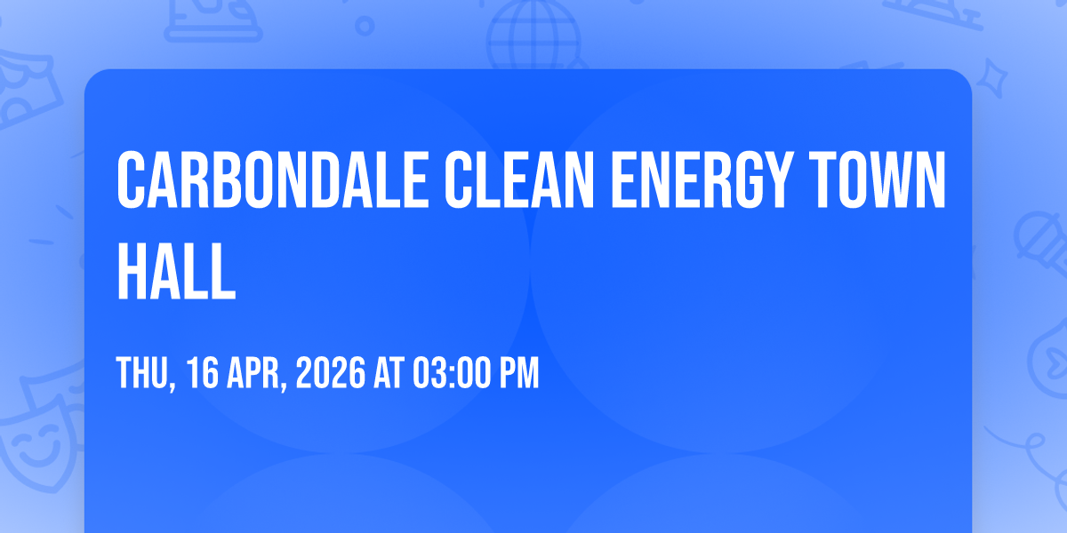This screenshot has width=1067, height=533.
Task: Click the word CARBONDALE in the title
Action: click(272, 179)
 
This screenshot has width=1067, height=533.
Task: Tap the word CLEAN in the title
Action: click(519, 179)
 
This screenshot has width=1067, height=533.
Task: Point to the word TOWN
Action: click(878, 179)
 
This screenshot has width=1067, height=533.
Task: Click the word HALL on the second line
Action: click(176, 271)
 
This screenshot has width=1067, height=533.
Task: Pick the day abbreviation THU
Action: click(142, 373)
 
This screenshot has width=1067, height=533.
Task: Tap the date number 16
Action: click(203, 373)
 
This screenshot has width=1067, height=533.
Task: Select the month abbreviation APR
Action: click(253, 373)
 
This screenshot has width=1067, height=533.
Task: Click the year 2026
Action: click(331, 373)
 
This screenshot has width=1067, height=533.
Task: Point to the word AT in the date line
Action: click(389, 373)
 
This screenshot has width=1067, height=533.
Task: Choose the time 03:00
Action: click(452, 373)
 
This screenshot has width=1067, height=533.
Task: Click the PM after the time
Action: click(519, 373)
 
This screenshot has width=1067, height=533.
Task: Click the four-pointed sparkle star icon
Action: click(992, 78)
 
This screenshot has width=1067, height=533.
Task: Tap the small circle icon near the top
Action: click(365, 26)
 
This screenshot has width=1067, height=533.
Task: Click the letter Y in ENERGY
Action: click(774, 179)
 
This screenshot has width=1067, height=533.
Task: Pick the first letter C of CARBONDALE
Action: click(131, 179)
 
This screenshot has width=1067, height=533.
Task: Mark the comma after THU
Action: click(172, 386)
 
